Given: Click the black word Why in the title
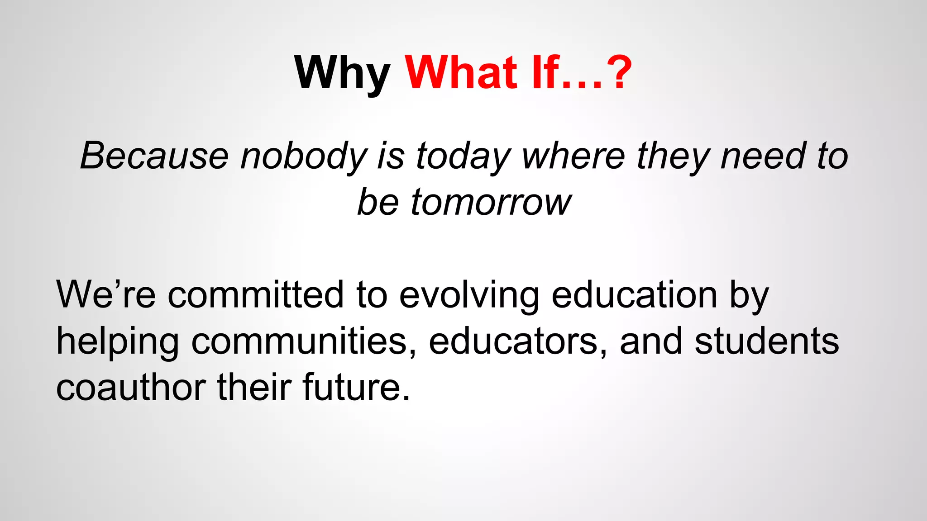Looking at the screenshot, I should [342, 73].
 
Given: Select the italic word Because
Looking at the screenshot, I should [154, 156].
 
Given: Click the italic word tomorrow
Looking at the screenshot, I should [491, 202].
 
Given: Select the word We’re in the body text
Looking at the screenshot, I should [106, 295].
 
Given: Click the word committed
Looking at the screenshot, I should [256, 295].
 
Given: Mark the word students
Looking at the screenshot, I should [767, 341].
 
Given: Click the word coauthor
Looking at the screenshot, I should [131, 388].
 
